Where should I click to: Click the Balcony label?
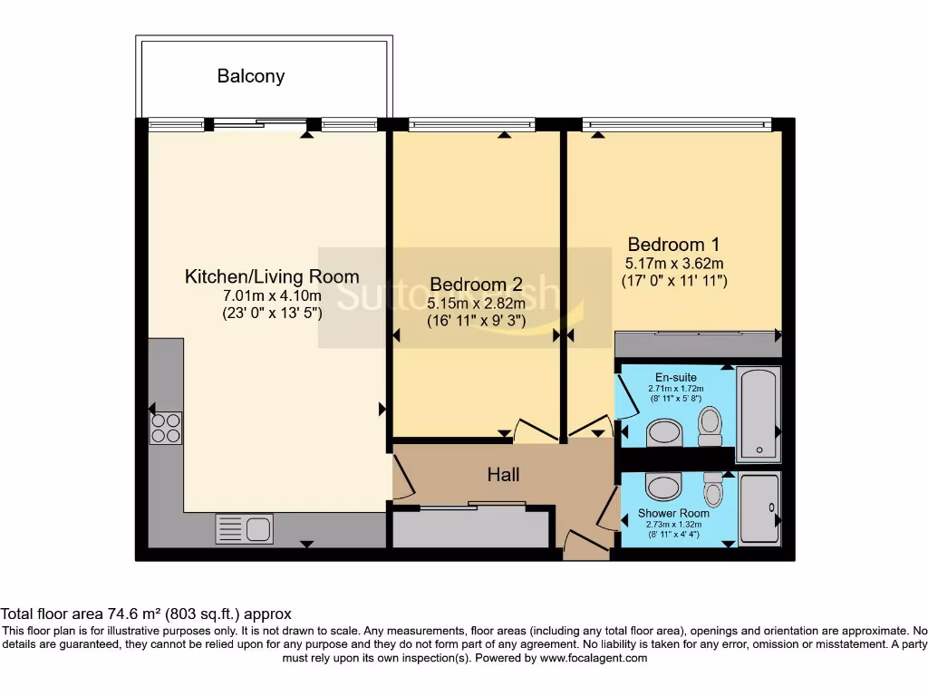pos(251,76)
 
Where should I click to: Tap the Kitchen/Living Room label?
pos(272,276)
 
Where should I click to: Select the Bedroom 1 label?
pos(674,245)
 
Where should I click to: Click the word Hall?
pos(504,474)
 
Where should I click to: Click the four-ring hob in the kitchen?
pos(165,427)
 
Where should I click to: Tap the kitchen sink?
pos(244,528)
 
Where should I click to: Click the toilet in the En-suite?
pos(710,425)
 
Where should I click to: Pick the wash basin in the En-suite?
pos(669,433)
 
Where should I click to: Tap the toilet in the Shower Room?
pos(714,489)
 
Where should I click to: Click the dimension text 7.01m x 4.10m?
pos(272,296)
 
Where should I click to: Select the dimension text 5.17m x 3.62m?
pos(674,264)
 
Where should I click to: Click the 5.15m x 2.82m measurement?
pos(476,303)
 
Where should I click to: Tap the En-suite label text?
pos(669,378)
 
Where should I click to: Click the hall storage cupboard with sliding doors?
pos(470,527)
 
